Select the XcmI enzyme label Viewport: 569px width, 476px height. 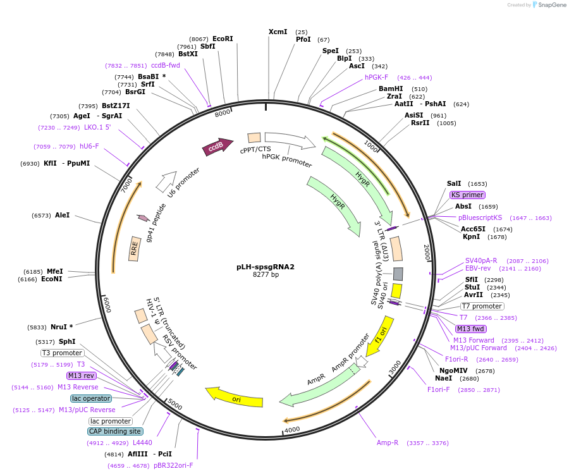(x=278, y=32)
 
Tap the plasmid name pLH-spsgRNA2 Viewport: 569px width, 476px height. (x=266, y=267)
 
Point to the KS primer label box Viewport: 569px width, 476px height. (x=468, y=195)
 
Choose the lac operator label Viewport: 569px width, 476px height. (x=91, y=398)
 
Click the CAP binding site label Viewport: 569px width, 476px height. (x=114, y=431)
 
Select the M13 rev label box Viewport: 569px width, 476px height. (x=80, y=375)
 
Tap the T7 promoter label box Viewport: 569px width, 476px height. (x=482, y=307)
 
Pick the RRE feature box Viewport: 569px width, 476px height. (x=134, y=250)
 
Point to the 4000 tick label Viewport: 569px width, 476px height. (x=291, y=430)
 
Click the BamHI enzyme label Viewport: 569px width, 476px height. (x=391, y=88)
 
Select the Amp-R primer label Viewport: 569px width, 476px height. (x=388, y=442)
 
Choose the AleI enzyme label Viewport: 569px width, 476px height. (x=63, y=215)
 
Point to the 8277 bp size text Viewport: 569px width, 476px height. (x=266, y=275)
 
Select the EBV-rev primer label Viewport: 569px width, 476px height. (x=478, y=268)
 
